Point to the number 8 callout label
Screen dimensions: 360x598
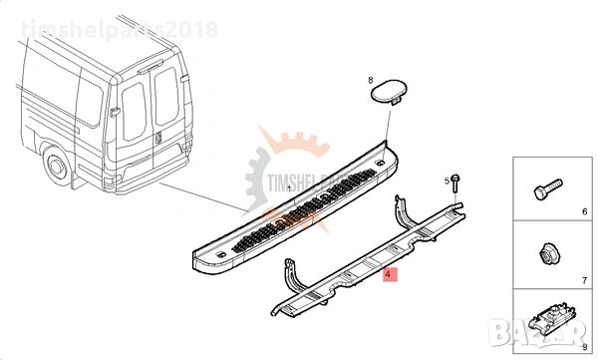[370, 79]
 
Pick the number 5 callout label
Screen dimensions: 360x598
[447, 180]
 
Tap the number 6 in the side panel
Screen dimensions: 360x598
[584, 212]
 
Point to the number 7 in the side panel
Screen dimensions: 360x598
[584, 268]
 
